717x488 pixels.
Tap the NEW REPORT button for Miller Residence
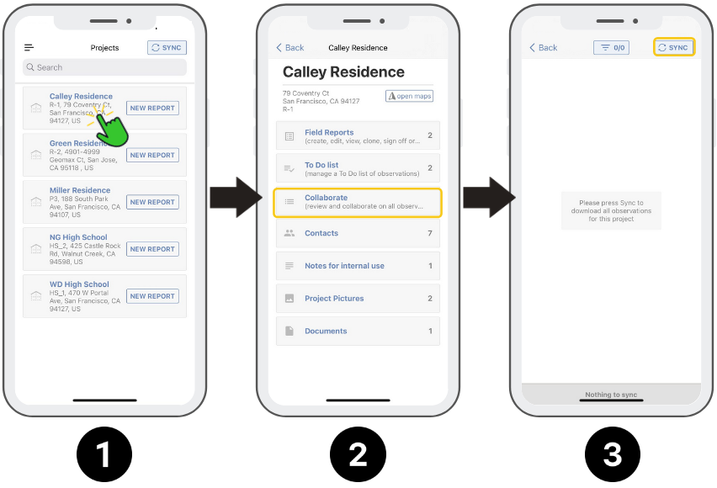[152, 202]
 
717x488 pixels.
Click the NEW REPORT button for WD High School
[152, 296]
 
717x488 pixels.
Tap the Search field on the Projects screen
[104, 67]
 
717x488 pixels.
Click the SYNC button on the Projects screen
[167, 48]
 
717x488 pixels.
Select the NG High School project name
[78, 237]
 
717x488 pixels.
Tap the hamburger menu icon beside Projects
[29, 48]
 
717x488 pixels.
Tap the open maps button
[409, 96]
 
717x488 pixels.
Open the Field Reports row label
[329, 132]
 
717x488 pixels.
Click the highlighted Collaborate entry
[358, 202]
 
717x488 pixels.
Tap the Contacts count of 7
[430, 233]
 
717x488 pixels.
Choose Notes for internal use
[344, 266]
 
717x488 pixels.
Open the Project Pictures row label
[334, 298]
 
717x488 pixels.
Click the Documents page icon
[289, 331]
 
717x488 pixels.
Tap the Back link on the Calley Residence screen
[290, 48]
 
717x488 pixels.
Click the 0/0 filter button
[611, 48]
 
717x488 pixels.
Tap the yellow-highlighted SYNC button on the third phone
[674, 47]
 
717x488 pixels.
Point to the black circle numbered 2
[358, 454]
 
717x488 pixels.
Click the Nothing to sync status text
[611, 395]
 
